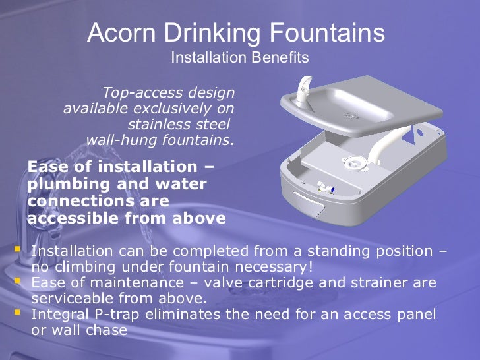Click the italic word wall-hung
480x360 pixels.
point(117,140)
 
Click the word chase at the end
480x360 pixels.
point(106,330)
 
